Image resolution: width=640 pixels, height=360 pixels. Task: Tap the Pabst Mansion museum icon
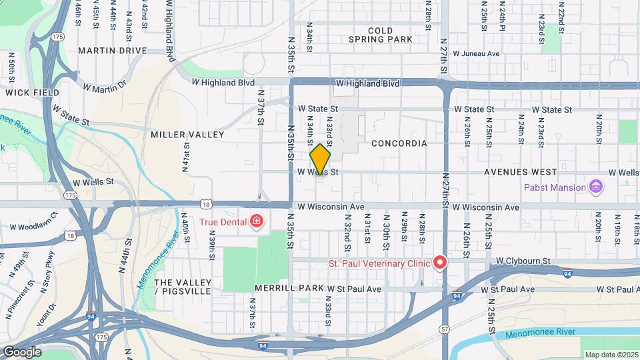point(597,187)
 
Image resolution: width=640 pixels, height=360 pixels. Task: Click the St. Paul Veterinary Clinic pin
point(440,263)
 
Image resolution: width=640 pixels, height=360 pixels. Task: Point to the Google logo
point(22,351)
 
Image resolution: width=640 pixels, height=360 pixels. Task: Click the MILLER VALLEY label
point(187,134)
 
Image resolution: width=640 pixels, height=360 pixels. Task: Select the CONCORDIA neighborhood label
point(399,143)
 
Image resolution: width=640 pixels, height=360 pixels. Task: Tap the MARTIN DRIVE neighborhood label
point(112,50)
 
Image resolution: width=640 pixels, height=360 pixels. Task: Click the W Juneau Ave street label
point(476,53)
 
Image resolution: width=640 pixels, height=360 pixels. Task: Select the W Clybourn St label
point(519,261)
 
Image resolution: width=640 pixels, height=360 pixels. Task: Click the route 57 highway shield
point(444,329)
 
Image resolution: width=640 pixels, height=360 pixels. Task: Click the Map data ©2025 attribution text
point(610,354)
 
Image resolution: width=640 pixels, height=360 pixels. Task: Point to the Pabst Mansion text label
point(555,187)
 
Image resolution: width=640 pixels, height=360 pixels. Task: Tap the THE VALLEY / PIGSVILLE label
point(183,287)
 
